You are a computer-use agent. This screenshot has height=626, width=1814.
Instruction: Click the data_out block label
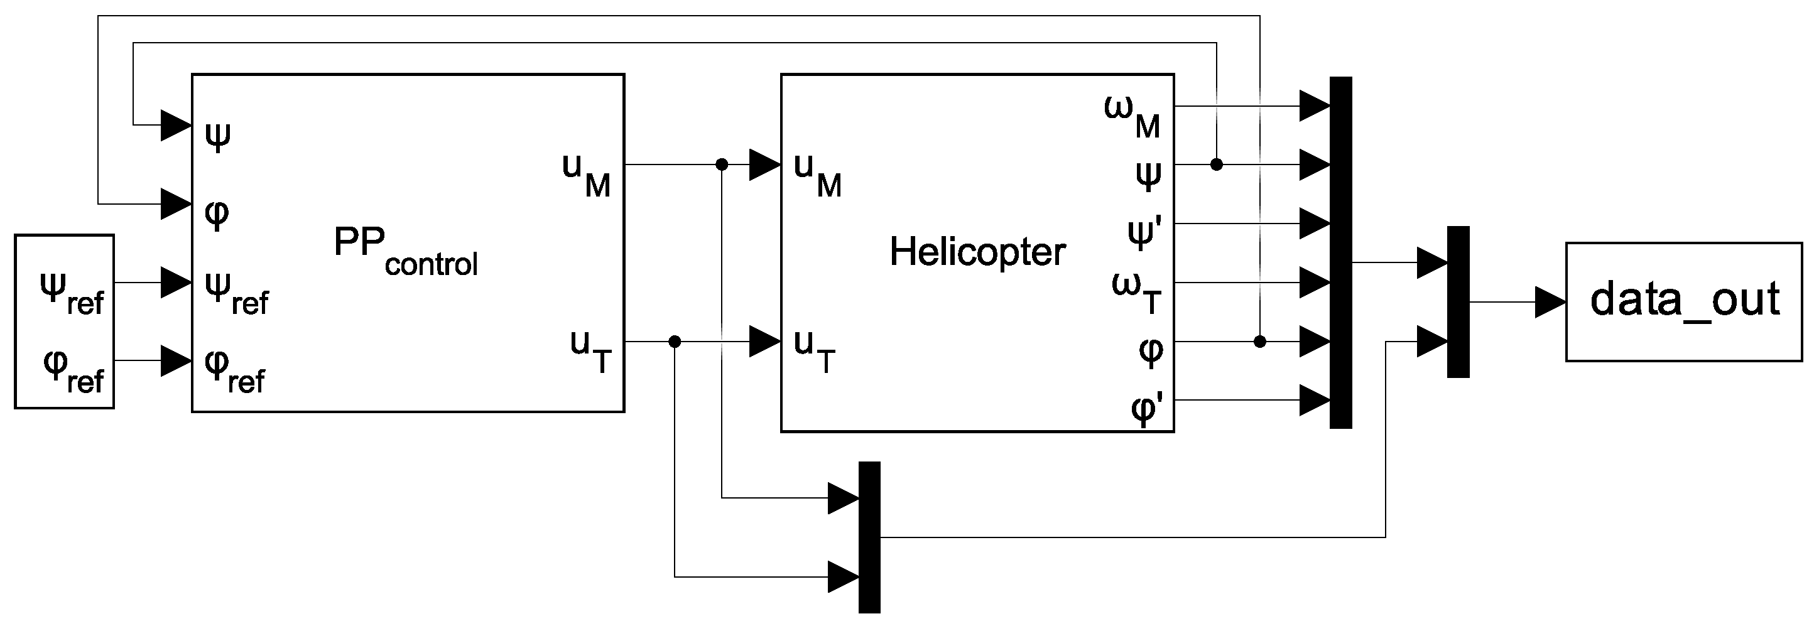(1685, 301)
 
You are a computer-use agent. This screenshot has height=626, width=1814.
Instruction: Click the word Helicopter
(977, 251)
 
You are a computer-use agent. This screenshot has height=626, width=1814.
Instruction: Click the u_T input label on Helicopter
(813, 350)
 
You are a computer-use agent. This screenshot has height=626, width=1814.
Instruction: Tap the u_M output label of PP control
(586, 174)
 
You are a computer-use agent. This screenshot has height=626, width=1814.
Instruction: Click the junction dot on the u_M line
(721, 164)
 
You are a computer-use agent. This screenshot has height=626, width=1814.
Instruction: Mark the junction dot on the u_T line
(675, 342)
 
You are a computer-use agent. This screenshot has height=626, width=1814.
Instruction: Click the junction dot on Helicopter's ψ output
(1216, 164)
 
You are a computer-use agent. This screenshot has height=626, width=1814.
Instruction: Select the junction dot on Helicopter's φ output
(1260, 342)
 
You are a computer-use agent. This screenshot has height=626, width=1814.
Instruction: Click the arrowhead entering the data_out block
(1549, 302)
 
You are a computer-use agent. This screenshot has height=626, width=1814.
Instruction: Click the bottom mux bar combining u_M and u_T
(869, 537)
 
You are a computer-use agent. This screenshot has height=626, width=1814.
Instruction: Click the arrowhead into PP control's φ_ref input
(175, 360)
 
